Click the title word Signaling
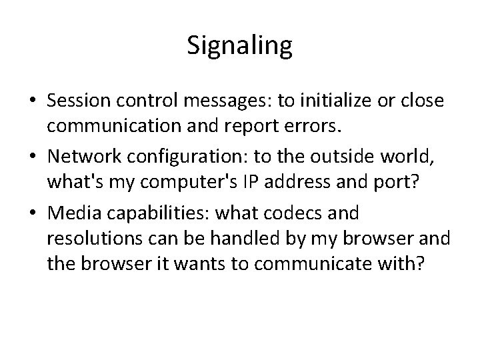[x=239, y=47]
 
